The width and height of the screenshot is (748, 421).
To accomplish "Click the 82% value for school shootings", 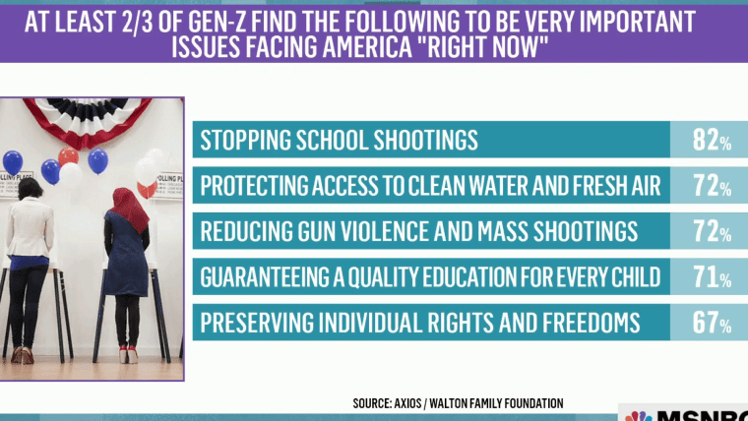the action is [712, 140].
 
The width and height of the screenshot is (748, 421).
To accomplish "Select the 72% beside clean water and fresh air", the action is [712, 186].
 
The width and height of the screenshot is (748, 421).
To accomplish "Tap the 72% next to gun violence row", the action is [712, 231].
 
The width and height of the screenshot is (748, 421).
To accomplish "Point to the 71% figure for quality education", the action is [712, 277].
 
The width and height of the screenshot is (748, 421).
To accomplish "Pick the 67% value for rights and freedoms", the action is [712, 323].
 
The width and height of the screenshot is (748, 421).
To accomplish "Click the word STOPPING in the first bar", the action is [245, 141].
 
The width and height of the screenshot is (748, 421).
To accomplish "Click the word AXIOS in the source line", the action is [407, 403].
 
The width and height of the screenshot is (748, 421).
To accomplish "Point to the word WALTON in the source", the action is [448, 403].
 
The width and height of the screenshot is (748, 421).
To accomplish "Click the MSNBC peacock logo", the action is [639, 416].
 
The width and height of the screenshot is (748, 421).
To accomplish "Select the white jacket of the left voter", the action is [30, 227].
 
